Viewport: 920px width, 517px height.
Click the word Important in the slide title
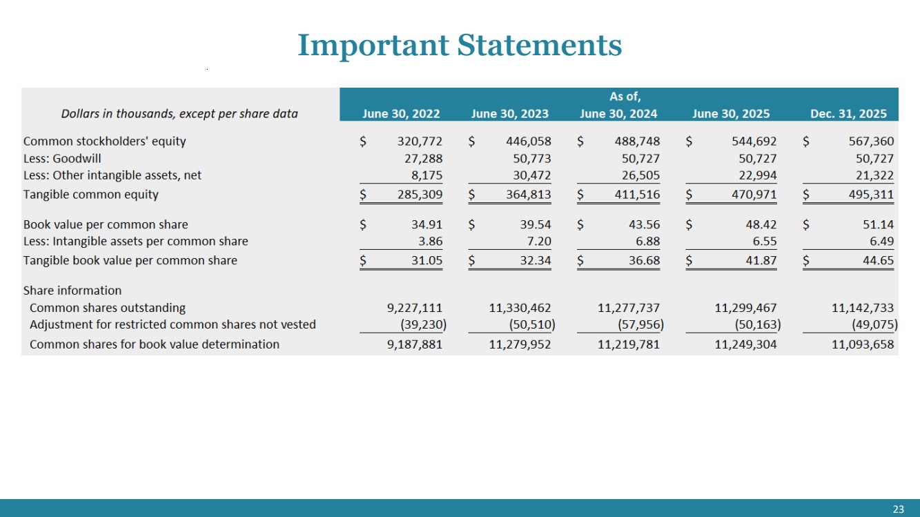pos(373,46)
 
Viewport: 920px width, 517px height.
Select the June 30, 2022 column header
pos(401,114)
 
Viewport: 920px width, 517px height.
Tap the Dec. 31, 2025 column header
pos(848,114)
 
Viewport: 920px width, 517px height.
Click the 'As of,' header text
pos(625,97)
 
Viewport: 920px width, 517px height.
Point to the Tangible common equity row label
pos(91,194)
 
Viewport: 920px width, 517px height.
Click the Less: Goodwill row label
pos(62,159)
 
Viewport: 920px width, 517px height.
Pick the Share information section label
pos(72,291)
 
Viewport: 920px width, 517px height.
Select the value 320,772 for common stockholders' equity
pos(420,142)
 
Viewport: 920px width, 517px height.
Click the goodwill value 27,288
pos(423,159)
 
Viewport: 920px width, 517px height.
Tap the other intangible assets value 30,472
pos(531,175)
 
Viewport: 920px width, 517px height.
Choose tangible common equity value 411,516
pos(637,194)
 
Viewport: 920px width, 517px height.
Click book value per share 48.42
pos(761,224)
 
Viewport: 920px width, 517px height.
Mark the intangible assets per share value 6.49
pos(881,241)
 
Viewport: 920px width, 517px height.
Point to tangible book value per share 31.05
pos(427,260)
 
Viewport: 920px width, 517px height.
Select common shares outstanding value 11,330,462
pos(520,308)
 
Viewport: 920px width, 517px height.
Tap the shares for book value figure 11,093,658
pos(863,344)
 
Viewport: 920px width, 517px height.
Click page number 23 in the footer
pos(898,509)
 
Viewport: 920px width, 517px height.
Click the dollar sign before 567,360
pos(806,142)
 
